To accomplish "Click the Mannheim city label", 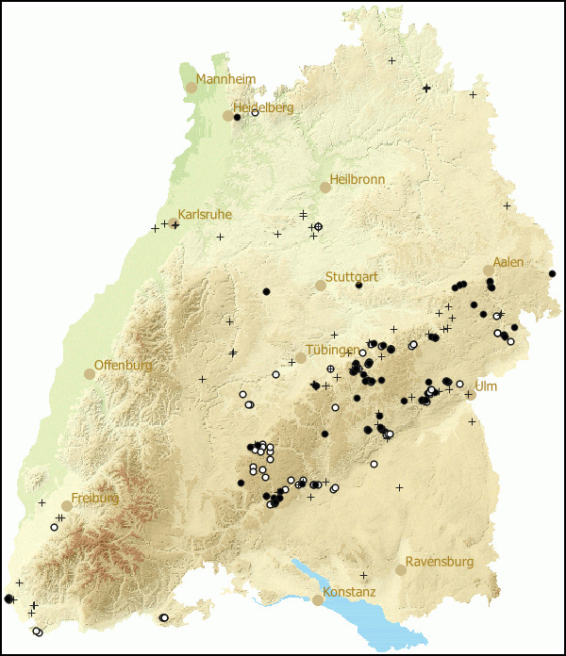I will point(225,80).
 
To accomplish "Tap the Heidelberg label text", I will point(263,108).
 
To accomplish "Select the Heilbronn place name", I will point(358,180).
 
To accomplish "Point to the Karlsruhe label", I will point(205,215).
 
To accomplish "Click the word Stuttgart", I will point(352,278).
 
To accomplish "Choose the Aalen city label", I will point(508,263).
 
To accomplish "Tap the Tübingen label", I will point(332,351).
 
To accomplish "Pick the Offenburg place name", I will point(125,366).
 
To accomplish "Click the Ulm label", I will point(486,387).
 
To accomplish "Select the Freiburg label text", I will point(95,498).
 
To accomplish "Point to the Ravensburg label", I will point(440,563).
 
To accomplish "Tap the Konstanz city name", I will point(349,593).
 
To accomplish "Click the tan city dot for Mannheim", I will point(191,87).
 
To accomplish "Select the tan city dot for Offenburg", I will point(90,373).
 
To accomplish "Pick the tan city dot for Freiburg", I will point(67,505).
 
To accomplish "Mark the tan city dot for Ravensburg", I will point(401,569).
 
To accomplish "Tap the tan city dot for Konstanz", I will point(318,599).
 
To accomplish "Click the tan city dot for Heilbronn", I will point(325,188).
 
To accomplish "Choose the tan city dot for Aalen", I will point(489,271).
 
